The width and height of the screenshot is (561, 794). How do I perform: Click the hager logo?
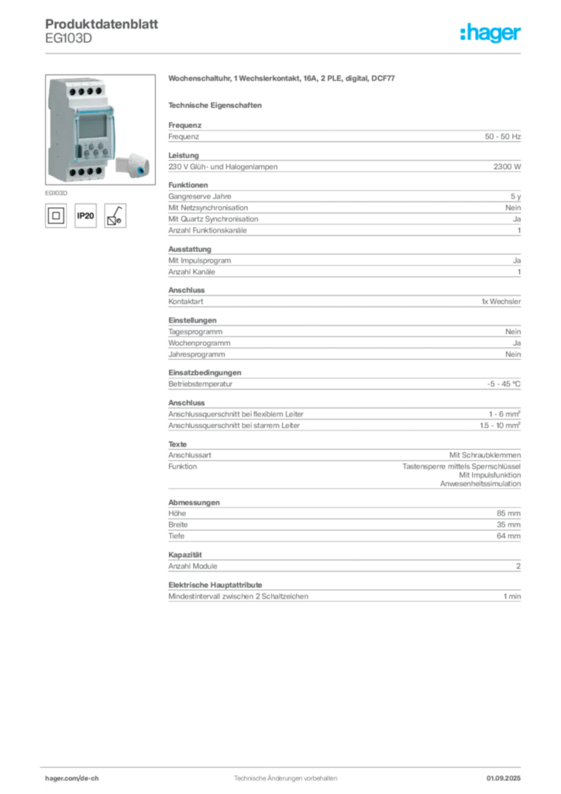point(490,33)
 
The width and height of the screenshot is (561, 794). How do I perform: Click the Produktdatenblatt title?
point(102,24)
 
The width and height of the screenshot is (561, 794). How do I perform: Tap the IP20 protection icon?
point(85,216)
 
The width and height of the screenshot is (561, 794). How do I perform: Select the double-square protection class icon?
point(56,216)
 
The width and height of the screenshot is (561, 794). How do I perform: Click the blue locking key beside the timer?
point(133,164)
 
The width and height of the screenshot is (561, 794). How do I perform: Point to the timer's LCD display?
point(91,126)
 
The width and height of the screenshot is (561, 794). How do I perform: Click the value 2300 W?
point(507,167)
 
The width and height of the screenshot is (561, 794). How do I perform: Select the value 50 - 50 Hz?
point(503,136)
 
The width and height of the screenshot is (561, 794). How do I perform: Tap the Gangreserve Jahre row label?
point(200,196)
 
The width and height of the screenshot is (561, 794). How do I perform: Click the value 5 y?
point(515,196)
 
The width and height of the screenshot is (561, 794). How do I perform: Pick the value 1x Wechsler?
point(501,302)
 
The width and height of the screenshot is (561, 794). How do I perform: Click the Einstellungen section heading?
point(192,320)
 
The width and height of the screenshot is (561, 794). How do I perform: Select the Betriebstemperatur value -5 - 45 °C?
point(504,384)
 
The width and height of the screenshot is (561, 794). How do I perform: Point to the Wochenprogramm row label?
point(199,343)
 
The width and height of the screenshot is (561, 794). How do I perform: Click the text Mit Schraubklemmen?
point(485,454)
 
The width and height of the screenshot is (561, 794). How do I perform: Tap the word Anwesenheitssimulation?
point(480,484)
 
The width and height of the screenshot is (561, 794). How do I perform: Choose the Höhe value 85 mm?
point(508,513)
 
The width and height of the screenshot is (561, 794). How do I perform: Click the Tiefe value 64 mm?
point(508,536)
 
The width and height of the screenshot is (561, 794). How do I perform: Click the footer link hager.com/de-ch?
point(72,778)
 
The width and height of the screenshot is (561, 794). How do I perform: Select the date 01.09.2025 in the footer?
point(504,778)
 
